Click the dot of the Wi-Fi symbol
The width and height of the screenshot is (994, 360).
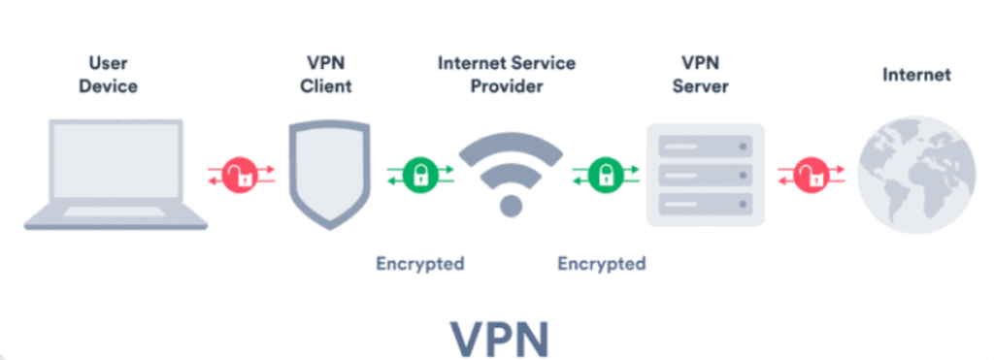point(510,206)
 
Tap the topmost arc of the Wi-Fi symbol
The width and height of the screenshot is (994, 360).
point(510,147)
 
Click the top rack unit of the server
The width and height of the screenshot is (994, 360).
point(704,147)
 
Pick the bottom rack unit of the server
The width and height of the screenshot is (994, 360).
point(704,205)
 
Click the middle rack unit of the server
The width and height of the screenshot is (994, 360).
point(704,176)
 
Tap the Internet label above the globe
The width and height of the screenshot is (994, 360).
point(916,75)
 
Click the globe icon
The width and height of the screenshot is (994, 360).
point(915,176)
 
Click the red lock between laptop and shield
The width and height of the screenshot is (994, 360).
point(240,176)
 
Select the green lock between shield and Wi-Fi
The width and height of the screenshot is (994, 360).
point(419,176)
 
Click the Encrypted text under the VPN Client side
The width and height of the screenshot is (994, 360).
point(420,263)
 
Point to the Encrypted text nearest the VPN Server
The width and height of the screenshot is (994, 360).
point(602,263)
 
